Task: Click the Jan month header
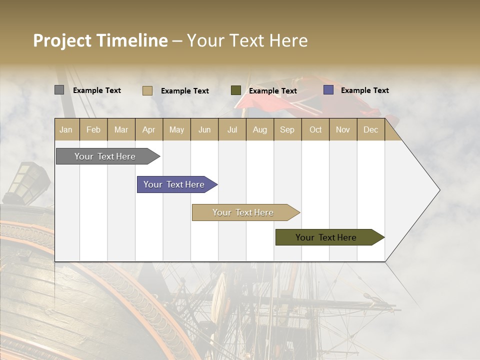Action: [66, 129]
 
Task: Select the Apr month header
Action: [149, 129]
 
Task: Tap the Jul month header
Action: [232, 129]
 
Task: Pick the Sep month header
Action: [287, 129]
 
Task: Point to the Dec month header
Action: [370, 129]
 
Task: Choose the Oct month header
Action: [315, 129]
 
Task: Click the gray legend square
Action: [59, 90]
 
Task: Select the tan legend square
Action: [147, 90]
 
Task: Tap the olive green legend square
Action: [236, 90]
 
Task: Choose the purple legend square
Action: [328, 90]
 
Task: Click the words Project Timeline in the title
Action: [100, 40]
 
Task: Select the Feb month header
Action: [93, 129]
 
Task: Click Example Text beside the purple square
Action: [364, 90]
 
